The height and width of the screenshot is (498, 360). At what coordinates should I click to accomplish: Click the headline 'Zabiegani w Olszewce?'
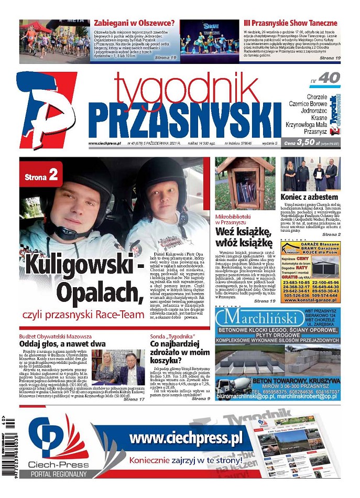[134, 23]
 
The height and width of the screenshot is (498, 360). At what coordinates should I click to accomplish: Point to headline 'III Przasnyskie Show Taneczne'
[290, 23]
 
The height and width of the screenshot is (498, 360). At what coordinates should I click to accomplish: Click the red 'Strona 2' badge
[41, 177]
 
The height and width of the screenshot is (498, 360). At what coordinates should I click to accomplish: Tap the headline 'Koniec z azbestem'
[310, 197]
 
